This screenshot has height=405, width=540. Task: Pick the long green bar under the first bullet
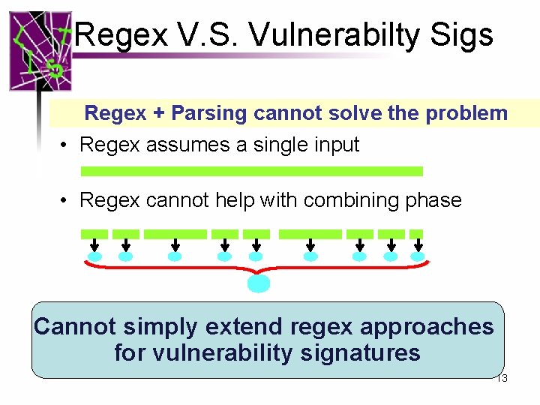[251, 172]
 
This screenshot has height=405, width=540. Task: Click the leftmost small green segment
[94, 234]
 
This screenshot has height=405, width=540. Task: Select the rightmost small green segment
[417, 234]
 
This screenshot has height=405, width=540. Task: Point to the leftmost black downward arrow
[95, 245]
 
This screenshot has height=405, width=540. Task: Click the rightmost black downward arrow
[417, 245]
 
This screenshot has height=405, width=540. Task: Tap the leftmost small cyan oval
[95, 257]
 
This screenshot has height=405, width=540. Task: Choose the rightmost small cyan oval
[417, 257]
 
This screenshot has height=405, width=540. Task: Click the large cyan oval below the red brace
[259, 283]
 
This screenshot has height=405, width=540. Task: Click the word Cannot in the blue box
[74, 327]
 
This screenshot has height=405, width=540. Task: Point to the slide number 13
[502, 379]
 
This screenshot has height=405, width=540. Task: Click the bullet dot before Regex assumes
[66, 145]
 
